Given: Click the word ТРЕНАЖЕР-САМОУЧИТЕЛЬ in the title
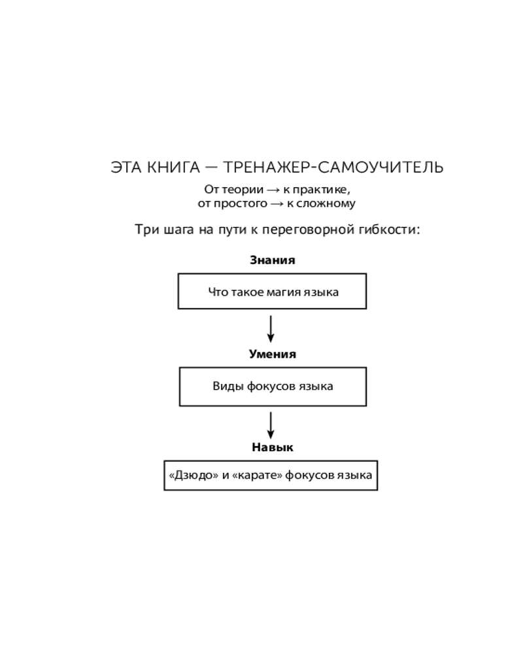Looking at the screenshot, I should click(x=333, y=167).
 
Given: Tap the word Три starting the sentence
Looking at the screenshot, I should click(x=147, y=230).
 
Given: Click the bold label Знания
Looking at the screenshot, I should click(x=272, y=260).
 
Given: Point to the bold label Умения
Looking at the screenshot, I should click(x=272, y=354).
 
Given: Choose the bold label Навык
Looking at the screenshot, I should click(x=272, y=448).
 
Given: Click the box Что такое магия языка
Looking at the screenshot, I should click(x=272, y=291).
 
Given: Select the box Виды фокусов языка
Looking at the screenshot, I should click(x=272, y=386).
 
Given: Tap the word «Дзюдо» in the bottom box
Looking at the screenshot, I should click(x=194, y=475).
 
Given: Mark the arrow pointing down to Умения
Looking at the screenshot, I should click(x=271, y=328).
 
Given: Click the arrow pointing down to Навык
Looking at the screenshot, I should click(x=271, y=425).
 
